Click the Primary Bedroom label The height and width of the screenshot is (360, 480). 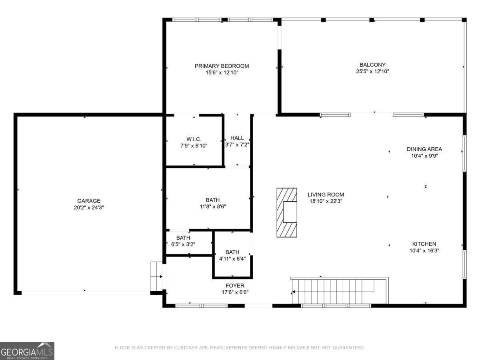pyautogui.click(x=222, y=66)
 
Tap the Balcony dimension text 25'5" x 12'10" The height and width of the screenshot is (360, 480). pyautogui.click(x=372, y=72)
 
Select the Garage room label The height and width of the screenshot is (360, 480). pyautogui.click(x=89, y=201)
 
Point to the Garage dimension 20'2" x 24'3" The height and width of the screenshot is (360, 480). pyautogui.click(x=89, y=208)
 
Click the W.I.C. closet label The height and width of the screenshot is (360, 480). pyautogui.click(x=194, y=139)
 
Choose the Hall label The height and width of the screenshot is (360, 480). pyautogui.click(x=237, y=138)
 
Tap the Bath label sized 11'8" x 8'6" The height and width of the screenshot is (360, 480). pyautogui.click(x=213, y=200)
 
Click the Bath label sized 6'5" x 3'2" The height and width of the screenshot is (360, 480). pyautogui.click(x=183, y=238)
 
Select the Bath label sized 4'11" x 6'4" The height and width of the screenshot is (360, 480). pyautogui.click(x=232, y=252)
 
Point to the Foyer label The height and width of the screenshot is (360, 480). pyautogui.click(x=235, y=286)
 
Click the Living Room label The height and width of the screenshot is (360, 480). pyautogui.click(x=326, y=195)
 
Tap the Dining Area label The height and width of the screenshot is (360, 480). pyautogui.click(x=424, y=149)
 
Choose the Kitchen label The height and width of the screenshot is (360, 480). pyautogui.click(x=424, y=244)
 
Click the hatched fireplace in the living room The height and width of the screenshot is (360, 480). pyautogui.click(x=287, y=212)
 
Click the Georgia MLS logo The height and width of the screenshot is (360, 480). pyautogui.click(x=27, y=351)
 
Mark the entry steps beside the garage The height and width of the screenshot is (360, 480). pyautogui.click(x=156, y=276)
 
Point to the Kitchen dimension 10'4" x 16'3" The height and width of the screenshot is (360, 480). pyautogui.click(x=424, y=251)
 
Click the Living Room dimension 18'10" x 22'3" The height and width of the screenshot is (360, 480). pyautogui.click(x=326, y=202)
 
